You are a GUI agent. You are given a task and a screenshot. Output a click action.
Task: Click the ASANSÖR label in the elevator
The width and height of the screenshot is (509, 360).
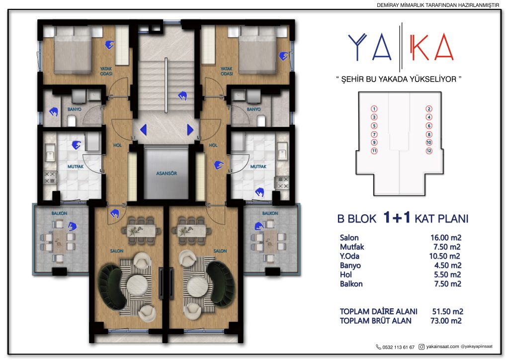point(167,174)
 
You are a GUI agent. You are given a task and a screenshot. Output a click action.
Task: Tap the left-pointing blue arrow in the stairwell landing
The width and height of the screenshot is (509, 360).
point(143,129)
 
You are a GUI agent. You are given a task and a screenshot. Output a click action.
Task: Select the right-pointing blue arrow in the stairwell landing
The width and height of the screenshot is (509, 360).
point(190,129)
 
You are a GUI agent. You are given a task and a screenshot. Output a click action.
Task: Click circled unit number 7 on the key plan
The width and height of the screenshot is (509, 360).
point(374,134)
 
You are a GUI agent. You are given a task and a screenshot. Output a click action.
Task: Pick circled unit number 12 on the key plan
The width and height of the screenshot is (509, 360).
point(429,151)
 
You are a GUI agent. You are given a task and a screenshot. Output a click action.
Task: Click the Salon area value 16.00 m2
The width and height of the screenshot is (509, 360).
point(446,238)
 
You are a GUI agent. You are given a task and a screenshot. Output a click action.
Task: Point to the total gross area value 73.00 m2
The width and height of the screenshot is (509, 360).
point(446,321)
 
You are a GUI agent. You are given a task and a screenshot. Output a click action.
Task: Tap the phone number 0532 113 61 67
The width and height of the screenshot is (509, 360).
point(398,347)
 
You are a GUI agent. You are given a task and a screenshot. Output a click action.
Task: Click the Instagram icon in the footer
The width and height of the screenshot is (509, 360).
point(422,347)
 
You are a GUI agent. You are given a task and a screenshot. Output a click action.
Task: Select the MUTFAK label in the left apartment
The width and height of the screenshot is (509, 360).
point(76,167)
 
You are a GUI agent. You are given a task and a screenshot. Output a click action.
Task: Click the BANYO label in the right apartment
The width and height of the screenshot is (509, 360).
point(254,109)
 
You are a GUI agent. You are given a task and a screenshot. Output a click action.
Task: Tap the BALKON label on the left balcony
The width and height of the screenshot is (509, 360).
point(60,213)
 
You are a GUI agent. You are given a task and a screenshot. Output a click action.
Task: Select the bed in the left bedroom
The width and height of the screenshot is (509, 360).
point(73,50)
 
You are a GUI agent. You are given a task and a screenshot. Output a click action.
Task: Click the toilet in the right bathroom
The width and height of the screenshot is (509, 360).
point(261,120)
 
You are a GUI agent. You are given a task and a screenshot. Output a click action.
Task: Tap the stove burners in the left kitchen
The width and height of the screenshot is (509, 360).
point(50,178)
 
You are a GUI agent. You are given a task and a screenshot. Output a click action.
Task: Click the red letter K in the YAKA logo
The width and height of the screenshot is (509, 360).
point(419,47)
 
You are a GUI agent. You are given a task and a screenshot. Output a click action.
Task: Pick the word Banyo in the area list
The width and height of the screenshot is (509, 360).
point(350,266)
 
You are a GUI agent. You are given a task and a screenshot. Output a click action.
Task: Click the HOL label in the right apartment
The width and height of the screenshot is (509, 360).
point(213,145)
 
